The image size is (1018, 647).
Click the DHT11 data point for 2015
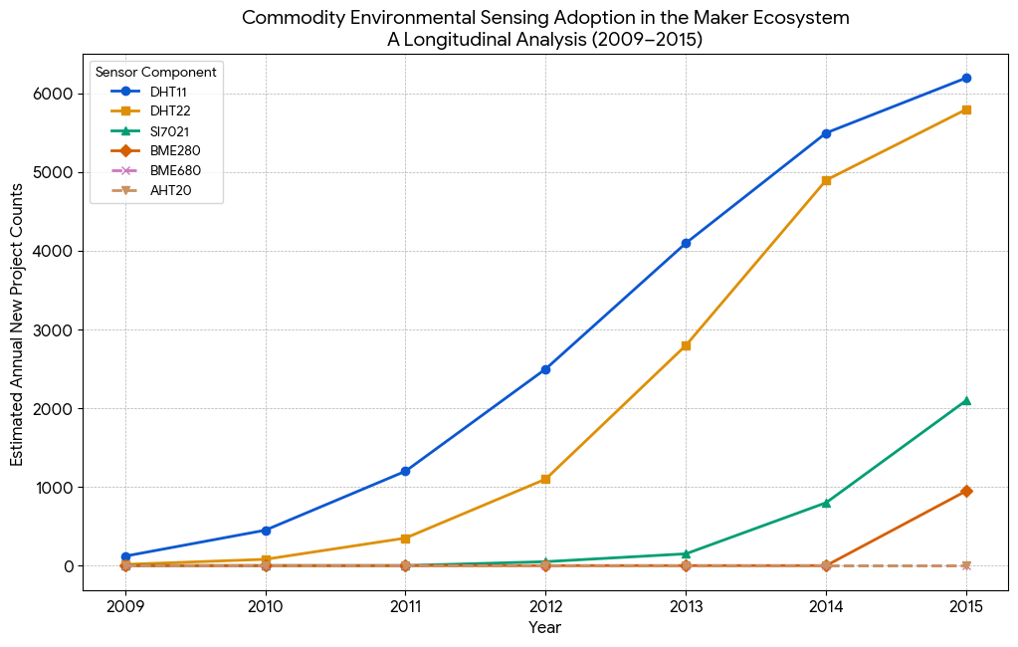[965, 78]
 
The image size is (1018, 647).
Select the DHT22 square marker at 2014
[825, 180]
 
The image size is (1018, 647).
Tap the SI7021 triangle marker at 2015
[965, 400]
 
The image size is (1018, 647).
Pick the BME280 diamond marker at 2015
[965, 491]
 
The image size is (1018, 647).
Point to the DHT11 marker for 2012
[545, 369]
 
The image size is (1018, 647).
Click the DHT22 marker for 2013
[686, 345]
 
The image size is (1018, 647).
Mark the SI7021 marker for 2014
[825, 503]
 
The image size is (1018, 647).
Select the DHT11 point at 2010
[265, 531]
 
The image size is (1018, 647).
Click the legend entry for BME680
[170, 170]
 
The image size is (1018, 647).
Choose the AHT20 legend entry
[168, 190]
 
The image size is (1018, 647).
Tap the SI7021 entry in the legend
[168, 130]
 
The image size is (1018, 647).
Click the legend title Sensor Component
[156, 72]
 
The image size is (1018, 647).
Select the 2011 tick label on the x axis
[405, 605]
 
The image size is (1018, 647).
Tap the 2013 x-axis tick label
[686, 605]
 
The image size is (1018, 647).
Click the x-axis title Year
[544, 628]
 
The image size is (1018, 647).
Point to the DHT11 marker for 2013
[686, 243]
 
